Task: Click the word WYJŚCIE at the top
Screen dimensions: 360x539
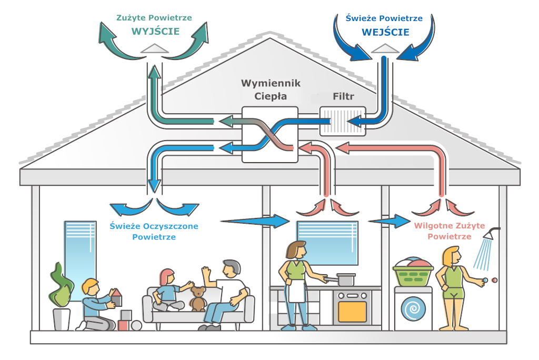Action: [x=155, y=32]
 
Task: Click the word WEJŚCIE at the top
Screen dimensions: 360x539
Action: [x=385, y=32]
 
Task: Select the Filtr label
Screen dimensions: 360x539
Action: [x=344, y=97]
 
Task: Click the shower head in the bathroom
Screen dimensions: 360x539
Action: [x=491, y=234]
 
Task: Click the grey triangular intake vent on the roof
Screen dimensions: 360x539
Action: [x=385, y=48]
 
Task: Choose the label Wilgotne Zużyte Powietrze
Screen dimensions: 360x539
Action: [x=449, y=232]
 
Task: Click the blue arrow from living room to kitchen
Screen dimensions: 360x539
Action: [x=256, y=221]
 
